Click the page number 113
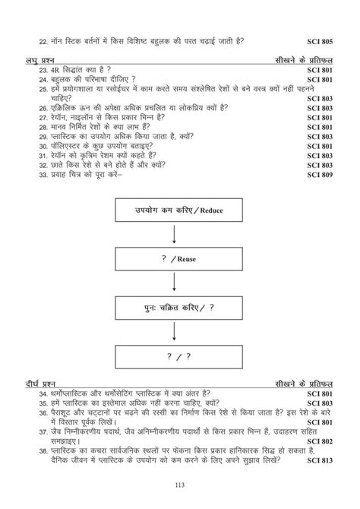point(181,486)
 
